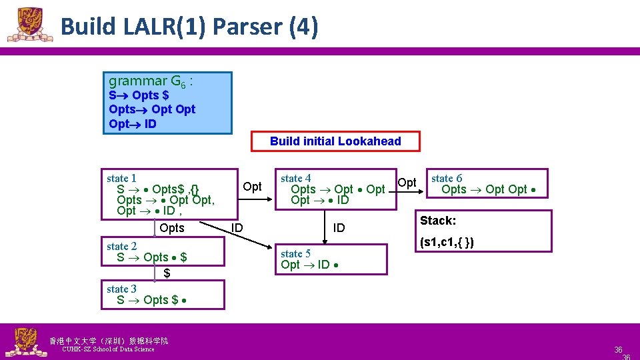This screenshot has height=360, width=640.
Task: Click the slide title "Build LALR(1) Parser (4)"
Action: [x=189, y=27]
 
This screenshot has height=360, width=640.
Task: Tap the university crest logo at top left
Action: [x=29, y=25]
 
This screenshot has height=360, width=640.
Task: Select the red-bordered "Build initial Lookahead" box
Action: [x=335, y=141]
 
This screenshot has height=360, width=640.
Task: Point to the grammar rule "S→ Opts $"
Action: [x=139, y=95]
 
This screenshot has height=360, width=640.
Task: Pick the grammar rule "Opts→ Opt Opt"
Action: [x=152, y=109]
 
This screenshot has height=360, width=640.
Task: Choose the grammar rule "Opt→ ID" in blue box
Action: [x=133, y=124]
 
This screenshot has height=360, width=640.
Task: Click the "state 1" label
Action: [x=121, y=178]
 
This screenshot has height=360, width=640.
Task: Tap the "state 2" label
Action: [x=121, y=246]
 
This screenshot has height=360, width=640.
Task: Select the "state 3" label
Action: [x=121, y=289]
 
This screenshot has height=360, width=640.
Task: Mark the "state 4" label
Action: [x=295, y=178]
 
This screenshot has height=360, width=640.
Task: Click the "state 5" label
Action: [x=295, y=253]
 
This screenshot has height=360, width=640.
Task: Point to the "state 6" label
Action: [x=447, y=178]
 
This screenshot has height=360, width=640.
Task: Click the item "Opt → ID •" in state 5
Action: [x=312, y=265]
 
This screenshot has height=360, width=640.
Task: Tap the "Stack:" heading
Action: [x=438, y=220]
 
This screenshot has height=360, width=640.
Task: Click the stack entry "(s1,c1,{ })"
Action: [x=447, y=242]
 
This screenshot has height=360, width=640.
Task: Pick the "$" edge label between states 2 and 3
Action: [x=167, y=273]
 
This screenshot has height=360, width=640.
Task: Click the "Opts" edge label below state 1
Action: [x=172, y=228]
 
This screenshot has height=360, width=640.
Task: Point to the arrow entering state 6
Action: [x=413, y=193]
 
